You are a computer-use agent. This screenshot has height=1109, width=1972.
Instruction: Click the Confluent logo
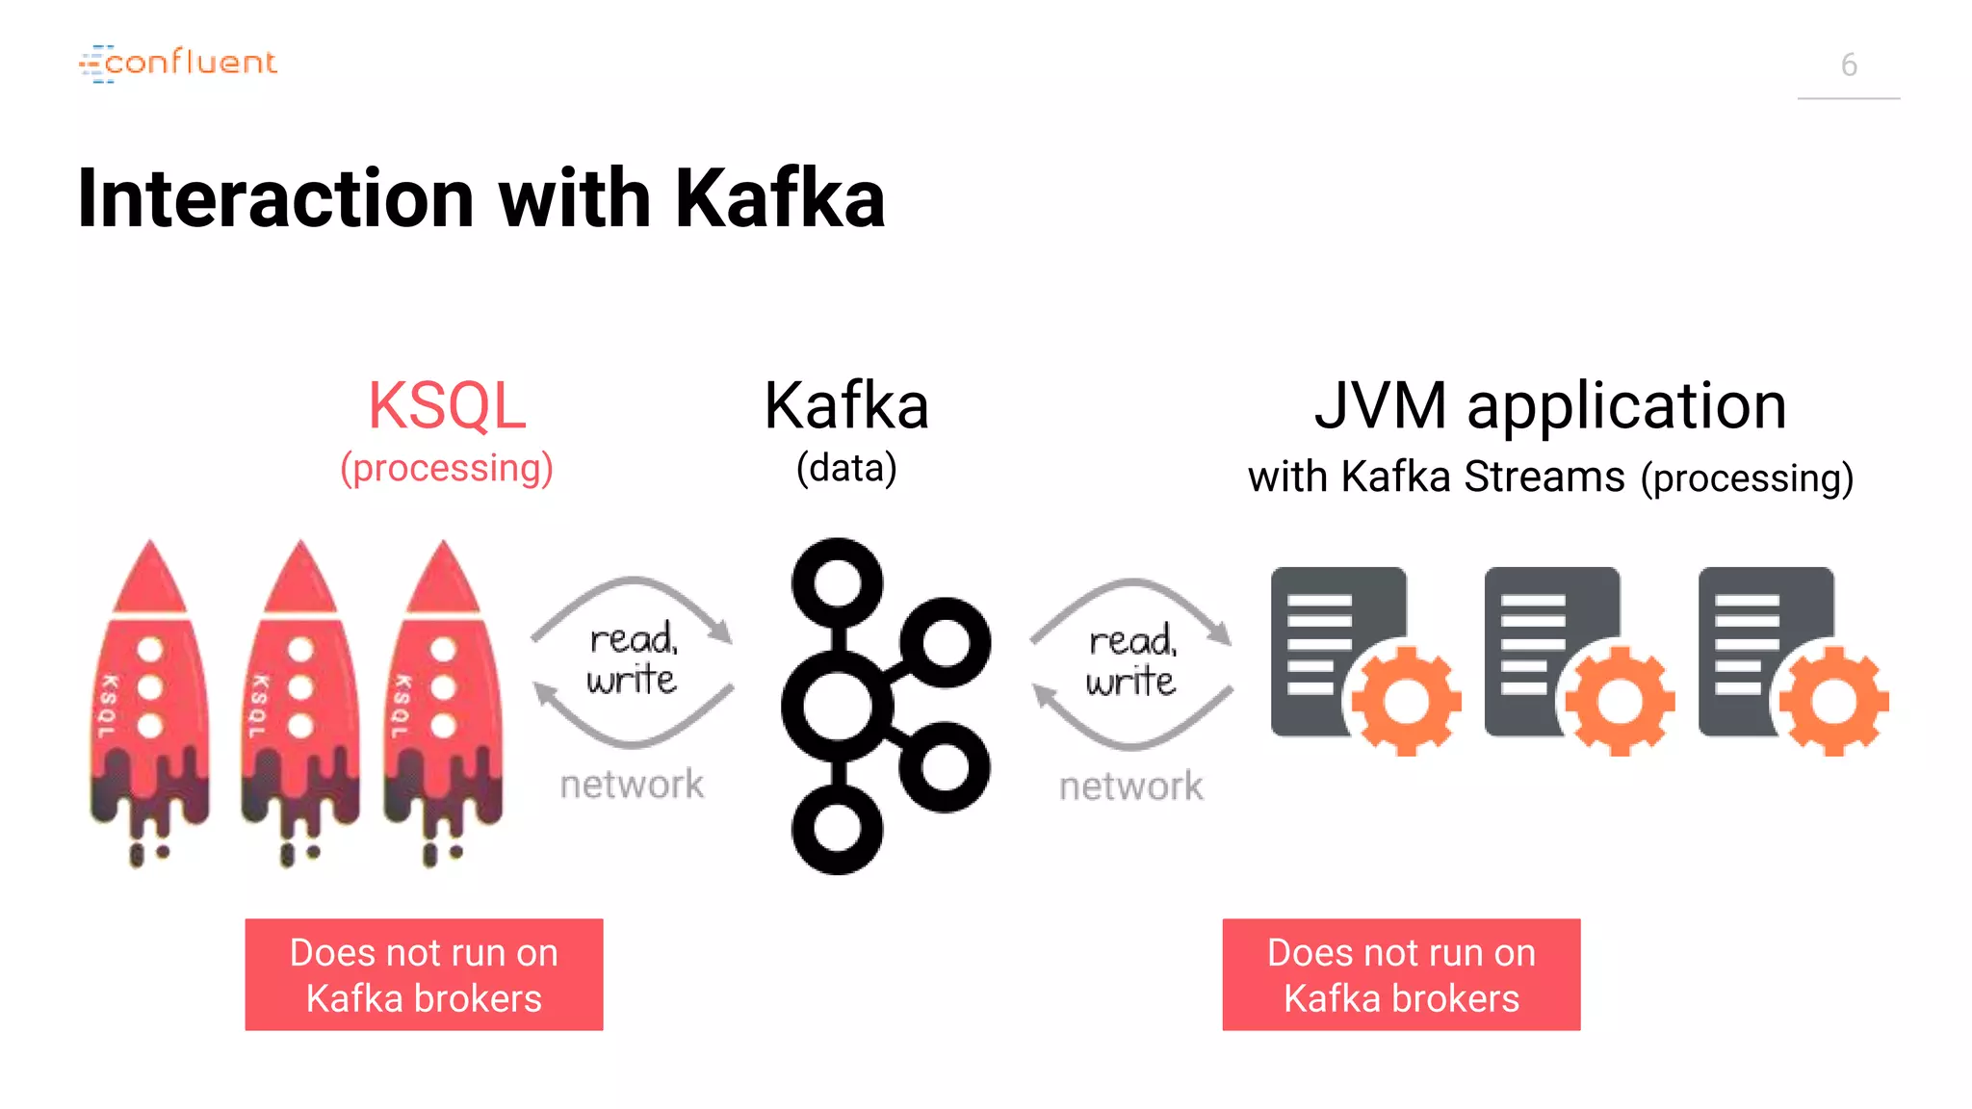[x=179, y=63]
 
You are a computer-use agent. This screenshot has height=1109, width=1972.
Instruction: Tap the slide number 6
[x=1848, y=65]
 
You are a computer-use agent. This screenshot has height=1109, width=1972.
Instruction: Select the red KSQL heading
[x=447, y=405]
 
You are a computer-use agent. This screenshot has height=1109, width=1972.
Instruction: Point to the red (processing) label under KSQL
[x=447, y=468]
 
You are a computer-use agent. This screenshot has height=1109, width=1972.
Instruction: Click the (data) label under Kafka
[x=845, y=468]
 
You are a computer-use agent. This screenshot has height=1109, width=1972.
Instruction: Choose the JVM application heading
[x=1550, y=405]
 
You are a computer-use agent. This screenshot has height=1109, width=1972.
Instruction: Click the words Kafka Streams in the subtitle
[x=1483, y=477]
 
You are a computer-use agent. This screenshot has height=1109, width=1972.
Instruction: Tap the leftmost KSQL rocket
[x=149, y=693]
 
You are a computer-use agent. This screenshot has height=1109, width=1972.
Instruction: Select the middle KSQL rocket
[x=300, y=693]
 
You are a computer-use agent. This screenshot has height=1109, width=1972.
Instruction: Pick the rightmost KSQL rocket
[x=442, y=693]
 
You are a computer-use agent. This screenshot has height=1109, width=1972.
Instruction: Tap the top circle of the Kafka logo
[x=837, y=583]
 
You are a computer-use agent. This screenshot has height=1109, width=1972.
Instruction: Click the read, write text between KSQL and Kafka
[x=633, y=659]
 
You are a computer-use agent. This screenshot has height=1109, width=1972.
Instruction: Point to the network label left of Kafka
[x=632, y=785]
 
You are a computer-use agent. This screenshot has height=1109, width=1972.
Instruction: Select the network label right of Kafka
[x=1130, y=787]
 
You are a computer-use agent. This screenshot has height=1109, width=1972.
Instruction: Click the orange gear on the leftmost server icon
[x=1407, y=701]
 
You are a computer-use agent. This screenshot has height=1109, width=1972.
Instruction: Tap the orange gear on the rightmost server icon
[x=1833, y=701]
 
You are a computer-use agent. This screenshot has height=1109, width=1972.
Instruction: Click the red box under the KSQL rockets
[x=424, y=974]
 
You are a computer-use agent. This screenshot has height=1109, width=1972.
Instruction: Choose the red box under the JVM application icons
[x=1401, y=974]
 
